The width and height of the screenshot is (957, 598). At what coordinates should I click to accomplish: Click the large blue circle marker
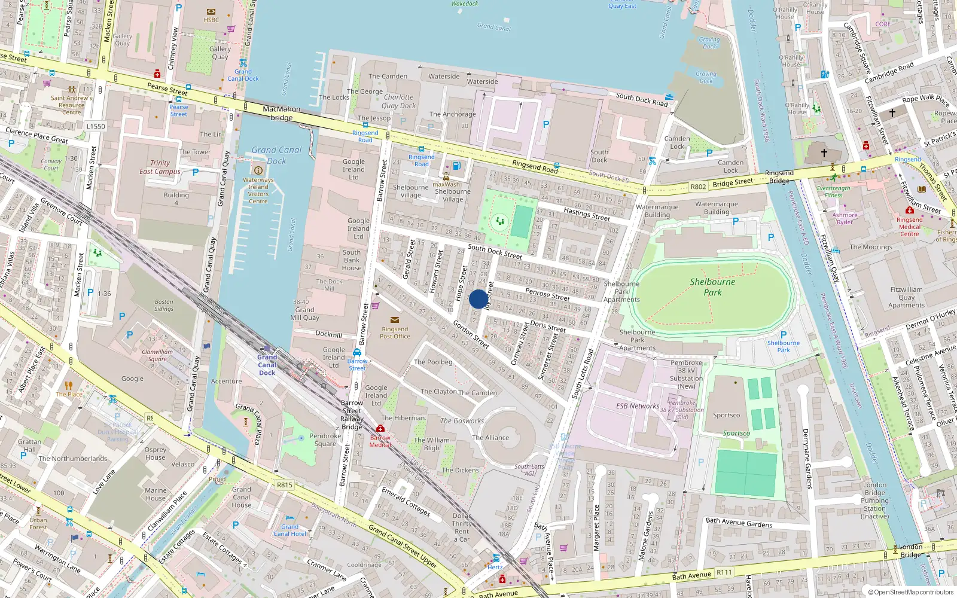[478, 299]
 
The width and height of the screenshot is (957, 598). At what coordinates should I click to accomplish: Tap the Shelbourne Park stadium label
[712, 287]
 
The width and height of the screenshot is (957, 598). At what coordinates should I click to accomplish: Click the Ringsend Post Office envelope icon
[394, 320]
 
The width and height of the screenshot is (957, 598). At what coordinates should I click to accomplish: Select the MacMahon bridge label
[282, 113]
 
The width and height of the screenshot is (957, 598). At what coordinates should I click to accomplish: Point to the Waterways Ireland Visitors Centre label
[258, 190]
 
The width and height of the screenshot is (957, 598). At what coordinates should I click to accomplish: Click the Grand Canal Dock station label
[267, 365]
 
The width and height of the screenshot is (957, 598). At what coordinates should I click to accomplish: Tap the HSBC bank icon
[211, 11]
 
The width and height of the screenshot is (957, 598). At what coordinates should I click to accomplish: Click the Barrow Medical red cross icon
[380, 429]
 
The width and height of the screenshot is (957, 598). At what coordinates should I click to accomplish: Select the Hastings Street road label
[587, 214]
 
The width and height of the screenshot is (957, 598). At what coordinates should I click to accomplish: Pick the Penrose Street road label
[547, 294]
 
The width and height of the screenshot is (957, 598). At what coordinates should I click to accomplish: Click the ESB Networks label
[638, 406]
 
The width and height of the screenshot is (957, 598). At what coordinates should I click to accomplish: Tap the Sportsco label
[726, 415]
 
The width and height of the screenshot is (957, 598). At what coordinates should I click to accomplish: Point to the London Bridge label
[910, 551]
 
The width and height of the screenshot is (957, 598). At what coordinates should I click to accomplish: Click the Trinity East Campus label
[160, 167]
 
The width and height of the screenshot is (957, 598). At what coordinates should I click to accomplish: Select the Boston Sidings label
[163, 305]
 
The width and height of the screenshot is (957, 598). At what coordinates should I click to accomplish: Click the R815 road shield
[285, 485]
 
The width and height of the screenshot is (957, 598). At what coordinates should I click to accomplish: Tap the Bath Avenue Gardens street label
[739, 523]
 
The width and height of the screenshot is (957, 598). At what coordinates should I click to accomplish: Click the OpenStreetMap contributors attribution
[910, 592]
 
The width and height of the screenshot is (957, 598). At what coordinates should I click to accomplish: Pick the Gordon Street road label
[471, 334]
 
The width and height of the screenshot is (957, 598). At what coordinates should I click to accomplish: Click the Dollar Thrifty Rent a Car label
[461, 527]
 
